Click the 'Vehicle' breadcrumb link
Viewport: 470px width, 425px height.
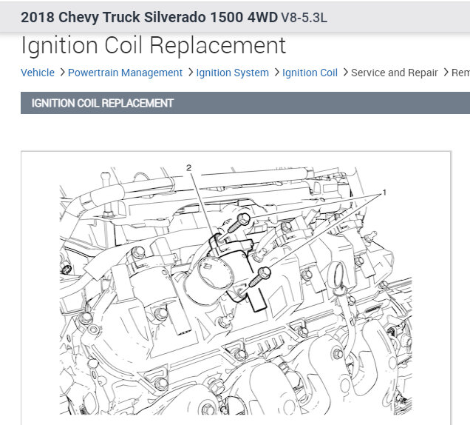[38, 73]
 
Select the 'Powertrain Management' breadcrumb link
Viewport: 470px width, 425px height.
[125, 73]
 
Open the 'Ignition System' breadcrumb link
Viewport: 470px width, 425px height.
[232, 73]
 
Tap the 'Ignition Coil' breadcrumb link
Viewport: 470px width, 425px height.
[310, 73]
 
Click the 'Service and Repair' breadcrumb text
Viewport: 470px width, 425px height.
[394, 73]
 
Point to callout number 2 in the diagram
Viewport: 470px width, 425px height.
[188, 167]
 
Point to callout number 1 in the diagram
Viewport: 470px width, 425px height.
[384, 193]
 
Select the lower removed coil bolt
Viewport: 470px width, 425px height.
[260, 276]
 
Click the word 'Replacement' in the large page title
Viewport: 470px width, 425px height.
[217, 46]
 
